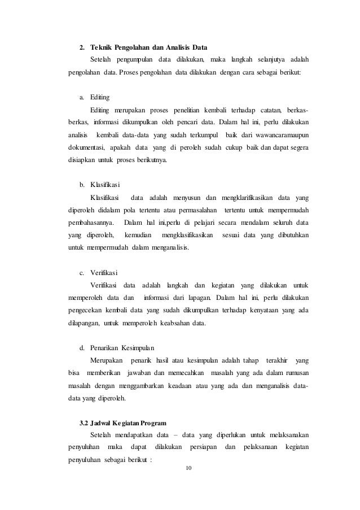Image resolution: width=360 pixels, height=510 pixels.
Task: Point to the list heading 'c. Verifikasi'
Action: [x=96, y=272]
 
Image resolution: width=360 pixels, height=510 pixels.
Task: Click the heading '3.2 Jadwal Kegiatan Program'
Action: [x=121, y=423]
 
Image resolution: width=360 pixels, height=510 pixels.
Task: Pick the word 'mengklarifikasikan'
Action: [x=258, y=197]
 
